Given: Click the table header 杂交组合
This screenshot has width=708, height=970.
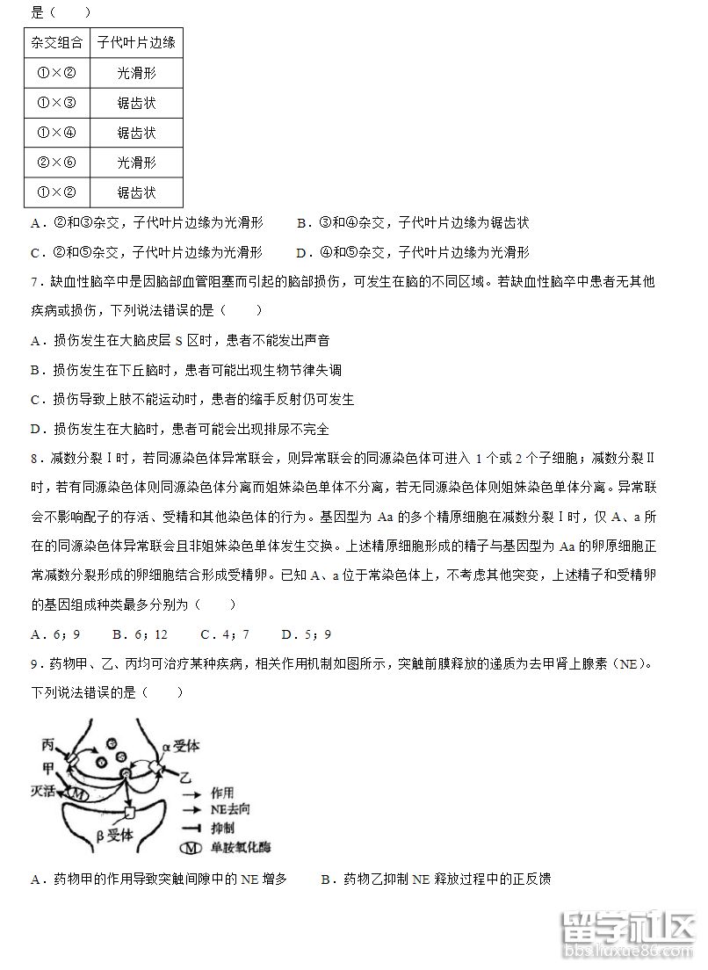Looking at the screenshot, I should pyautogui.click(x=57, y=42).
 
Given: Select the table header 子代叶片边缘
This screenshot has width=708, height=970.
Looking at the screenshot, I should pyautogui.click(x=136, y=42).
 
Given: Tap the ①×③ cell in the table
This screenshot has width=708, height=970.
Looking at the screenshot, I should pyautogui.click(x=57, y=103).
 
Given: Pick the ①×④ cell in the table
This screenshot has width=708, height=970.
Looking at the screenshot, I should pyautogui.click(x=57, y=133).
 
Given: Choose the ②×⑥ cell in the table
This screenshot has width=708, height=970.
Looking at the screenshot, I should pyautogui.click(x=57, y=163).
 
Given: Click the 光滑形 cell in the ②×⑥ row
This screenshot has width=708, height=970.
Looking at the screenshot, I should pyautogui.click(x=136, y=163).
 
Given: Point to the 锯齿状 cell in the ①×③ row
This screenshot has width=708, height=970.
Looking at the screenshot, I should pyautogui.click(x=136, y=103).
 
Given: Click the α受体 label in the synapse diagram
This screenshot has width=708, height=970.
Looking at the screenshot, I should pyautogui.click(x=181, y=746).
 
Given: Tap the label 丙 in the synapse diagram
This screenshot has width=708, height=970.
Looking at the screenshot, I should pyautogui.click(x=49, y=745).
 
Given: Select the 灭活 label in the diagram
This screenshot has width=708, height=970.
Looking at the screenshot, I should pyautogui.click(x=44, y=791).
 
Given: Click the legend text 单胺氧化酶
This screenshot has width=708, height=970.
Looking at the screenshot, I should pyautogui.click(x=242, y=849).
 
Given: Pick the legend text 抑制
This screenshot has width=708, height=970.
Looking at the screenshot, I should pyautogui.click(x=223, y=829).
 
